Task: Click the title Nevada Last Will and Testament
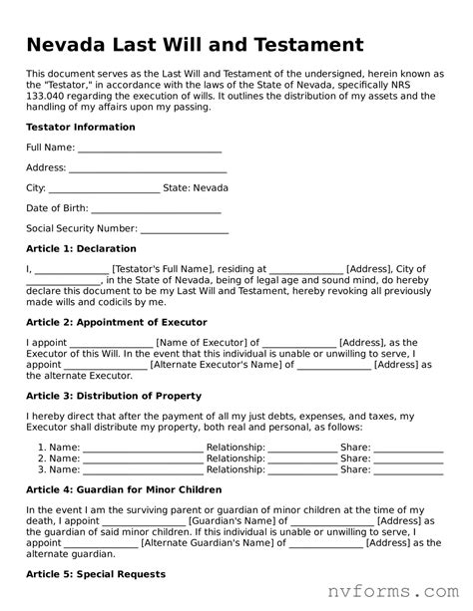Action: (194, 44)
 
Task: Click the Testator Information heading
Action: (80, 128)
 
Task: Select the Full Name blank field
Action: (149, 149)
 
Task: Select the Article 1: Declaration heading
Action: (81, 248)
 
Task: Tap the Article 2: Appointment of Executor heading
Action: (116, 322)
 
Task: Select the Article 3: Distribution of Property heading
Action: (113, 396)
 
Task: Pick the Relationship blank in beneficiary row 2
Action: (302, 458)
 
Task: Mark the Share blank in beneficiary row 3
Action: (408, 468)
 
